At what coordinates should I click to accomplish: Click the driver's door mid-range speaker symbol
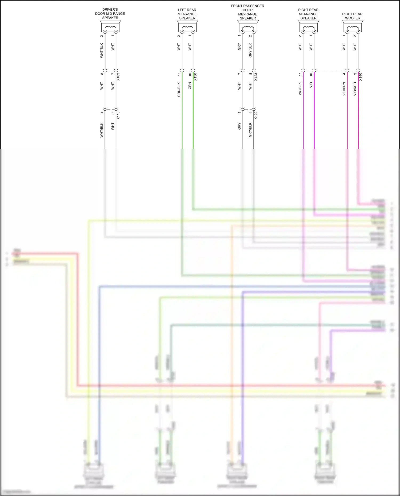110,26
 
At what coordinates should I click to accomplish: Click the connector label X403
118,77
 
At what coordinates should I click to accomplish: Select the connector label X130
195,77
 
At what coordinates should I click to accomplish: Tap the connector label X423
256,77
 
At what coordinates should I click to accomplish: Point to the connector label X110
118,115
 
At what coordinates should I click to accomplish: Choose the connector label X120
256,115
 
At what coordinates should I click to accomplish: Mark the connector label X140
361,77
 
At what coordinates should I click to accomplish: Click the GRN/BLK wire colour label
179,89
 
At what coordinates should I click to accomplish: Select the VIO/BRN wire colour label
344,89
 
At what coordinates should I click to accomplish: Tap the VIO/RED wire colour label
355,89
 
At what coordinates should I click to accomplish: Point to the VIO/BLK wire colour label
300,89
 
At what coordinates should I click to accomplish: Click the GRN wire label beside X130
190,86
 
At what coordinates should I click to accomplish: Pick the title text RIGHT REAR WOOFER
352,16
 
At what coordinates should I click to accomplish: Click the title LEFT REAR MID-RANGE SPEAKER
187,14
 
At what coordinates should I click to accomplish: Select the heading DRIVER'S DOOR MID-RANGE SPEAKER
110,14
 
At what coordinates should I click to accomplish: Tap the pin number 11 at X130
179,74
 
